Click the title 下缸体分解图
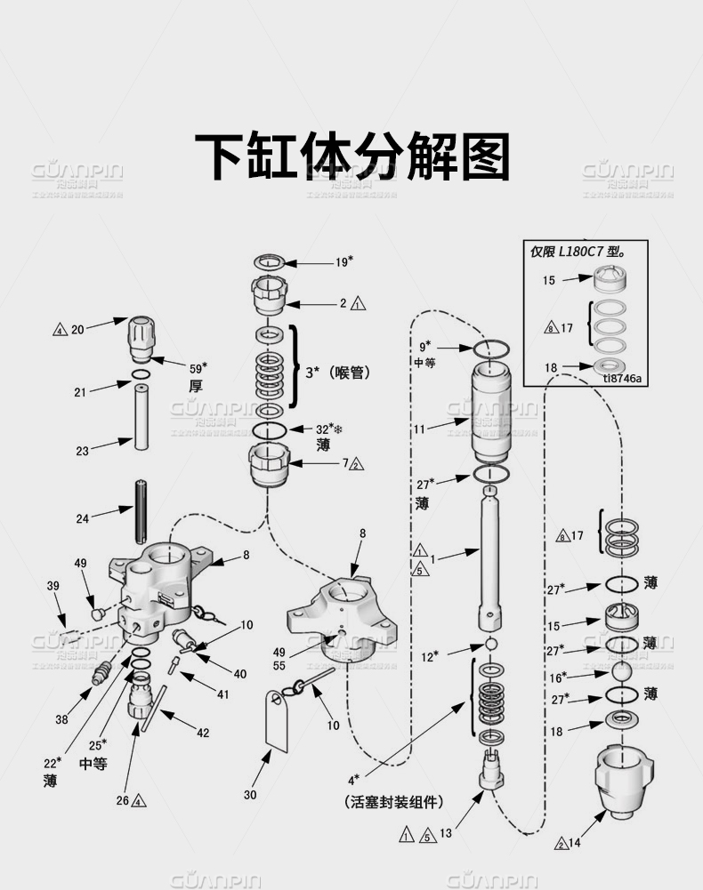(351, 157)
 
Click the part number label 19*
(344, 261)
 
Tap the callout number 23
(82, 451)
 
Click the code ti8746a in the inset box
(622, 378)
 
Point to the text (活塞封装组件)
(393, 802)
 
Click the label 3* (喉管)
(337, 373)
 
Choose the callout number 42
(203, 733)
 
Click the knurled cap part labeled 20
(144, 334)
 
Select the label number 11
(418, 429)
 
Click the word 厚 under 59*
(196, 386)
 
